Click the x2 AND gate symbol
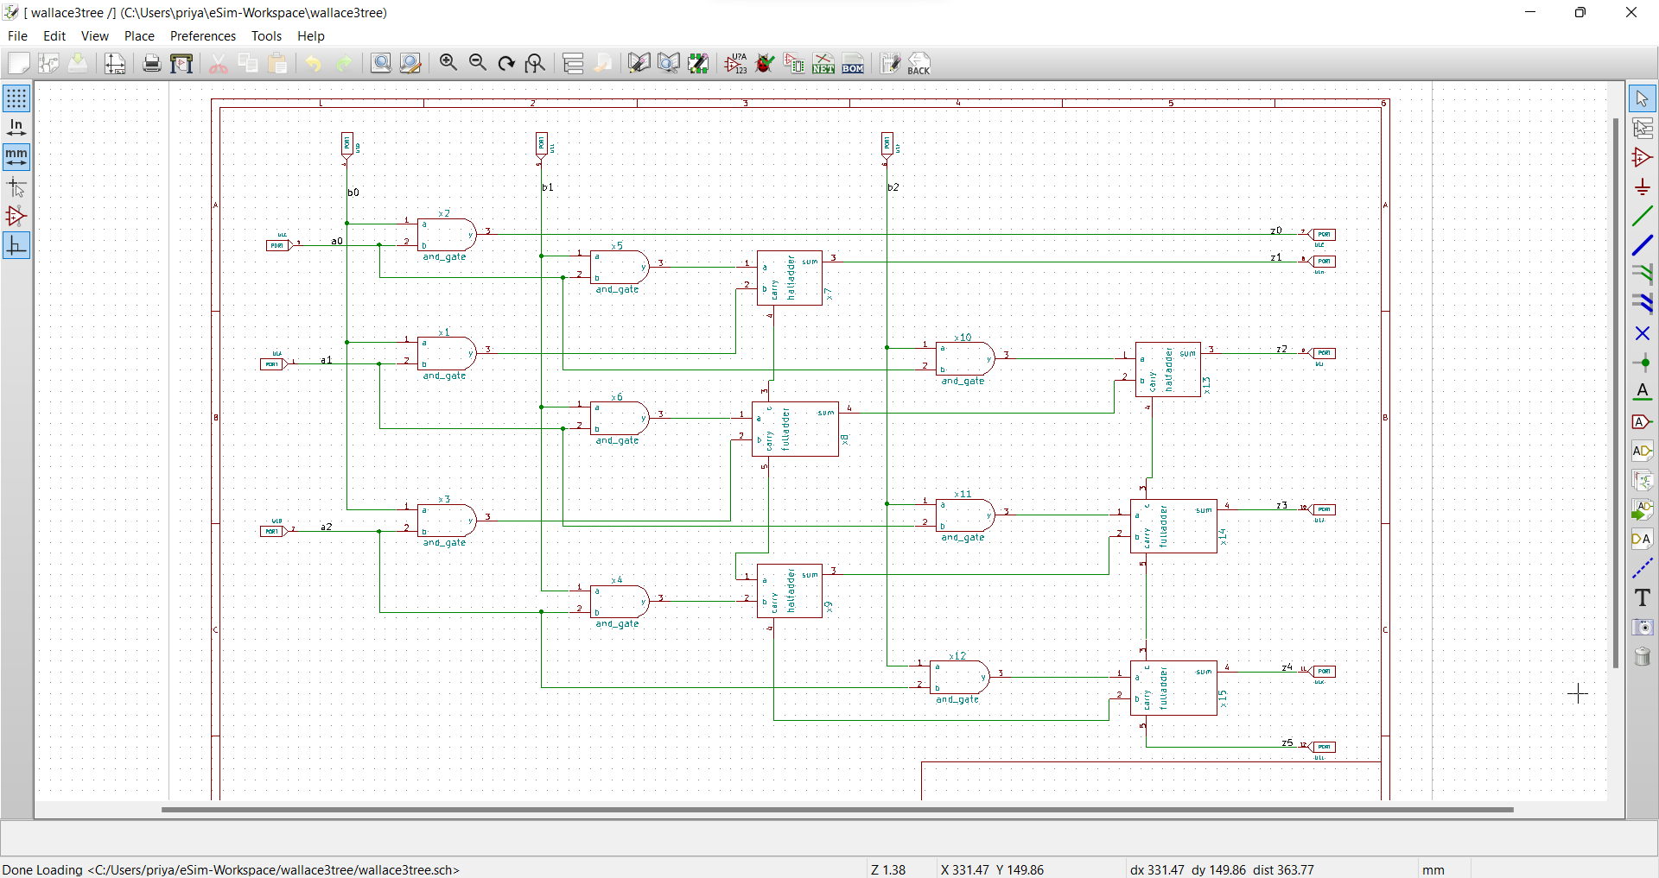click(446, 235)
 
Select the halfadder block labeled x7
click(789, 278)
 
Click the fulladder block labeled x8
click(794, 429)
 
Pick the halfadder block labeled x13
click(1167, 370)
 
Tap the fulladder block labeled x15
click(1173, 688)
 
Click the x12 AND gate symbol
click(959, 678)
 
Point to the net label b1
click(548, 187)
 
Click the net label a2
click(327, 527)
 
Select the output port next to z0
click(1324, 235)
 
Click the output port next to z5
click(1324, 747)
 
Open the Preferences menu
click(202, 36)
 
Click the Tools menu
click(266, 36)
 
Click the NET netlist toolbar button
click(823, 64)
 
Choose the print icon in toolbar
click(152, 64)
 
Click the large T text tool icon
click(1642, 597)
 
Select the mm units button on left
click(16, 157)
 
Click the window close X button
click(1630, 13)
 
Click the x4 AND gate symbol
click(619, 602)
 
